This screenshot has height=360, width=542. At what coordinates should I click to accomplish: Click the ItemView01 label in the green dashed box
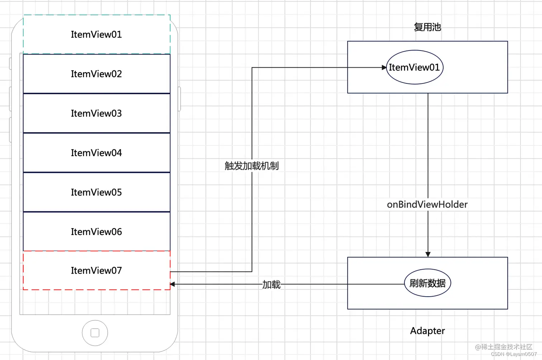96,34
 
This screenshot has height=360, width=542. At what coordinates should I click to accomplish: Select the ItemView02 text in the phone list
96,74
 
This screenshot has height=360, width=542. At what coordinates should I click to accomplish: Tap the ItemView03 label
96,113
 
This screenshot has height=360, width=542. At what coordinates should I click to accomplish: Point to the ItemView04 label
96,153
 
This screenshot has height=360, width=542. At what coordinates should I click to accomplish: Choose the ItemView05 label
96,192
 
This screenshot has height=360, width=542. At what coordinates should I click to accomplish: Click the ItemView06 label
96,232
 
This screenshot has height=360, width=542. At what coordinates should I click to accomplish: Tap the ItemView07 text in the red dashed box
96,270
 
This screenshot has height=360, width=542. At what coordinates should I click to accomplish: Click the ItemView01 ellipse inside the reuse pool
414,67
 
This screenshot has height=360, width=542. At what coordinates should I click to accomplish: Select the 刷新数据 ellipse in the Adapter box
427,283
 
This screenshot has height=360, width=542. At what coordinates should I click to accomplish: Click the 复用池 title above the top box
427,27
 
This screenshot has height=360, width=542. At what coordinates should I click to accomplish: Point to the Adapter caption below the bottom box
427,331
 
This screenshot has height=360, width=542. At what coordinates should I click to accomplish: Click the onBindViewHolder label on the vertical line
427,205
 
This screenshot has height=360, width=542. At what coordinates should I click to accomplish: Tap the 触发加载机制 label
252,166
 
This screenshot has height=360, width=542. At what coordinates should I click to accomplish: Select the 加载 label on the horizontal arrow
271,285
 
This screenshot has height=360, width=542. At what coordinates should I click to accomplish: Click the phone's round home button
95,333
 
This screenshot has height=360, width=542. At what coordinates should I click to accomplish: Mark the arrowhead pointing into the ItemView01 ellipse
384,67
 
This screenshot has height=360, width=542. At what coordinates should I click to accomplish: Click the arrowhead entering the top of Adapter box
428,254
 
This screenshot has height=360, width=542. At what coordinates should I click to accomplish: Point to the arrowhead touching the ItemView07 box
172,284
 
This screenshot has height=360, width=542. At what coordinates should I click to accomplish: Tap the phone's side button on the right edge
179,99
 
